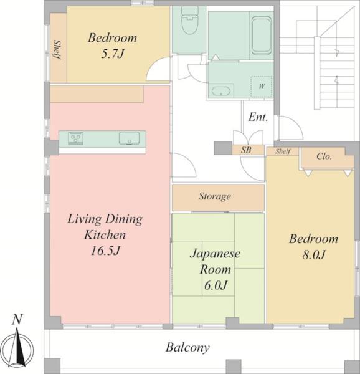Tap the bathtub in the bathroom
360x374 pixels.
pyautogui.click(x=262, y=36)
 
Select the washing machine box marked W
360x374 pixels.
pyautogui.click(x=262, y=87)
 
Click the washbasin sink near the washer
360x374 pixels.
pyautogui.click(x=221, y=91)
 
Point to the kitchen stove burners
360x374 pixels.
pyautogui.click(x=76, y=138)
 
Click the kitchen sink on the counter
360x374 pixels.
pyautogui.click(x=129, y=138)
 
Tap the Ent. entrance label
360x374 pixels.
pyautogui.click(x=258, y=117)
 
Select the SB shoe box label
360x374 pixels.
pyautogui.click(x=246, y=150)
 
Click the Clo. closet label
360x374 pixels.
pyautogui.click(x=324, y=156)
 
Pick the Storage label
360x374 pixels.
pyautogui.click(x=215, y=196)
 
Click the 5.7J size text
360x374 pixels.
pyautogui.click(x=113, y=54)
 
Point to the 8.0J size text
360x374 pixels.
pyautogui.click(x=314, y=255)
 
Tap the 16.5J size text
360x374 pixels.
pyautogui.click(x=105, y=251)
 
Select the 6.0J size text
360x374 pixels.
pyautogui.click(x=216, y=285)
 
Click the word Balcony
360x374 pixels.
pyautogui.click(x=187, y=348)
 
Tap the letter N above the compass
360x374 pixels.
pyautogui.click(x=17, y=320)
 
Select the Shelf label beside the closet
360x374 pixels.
pyautogui.click(x=283, y=151)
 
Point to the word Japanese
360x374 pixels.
pyautogui.click(x=215, y=253)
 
